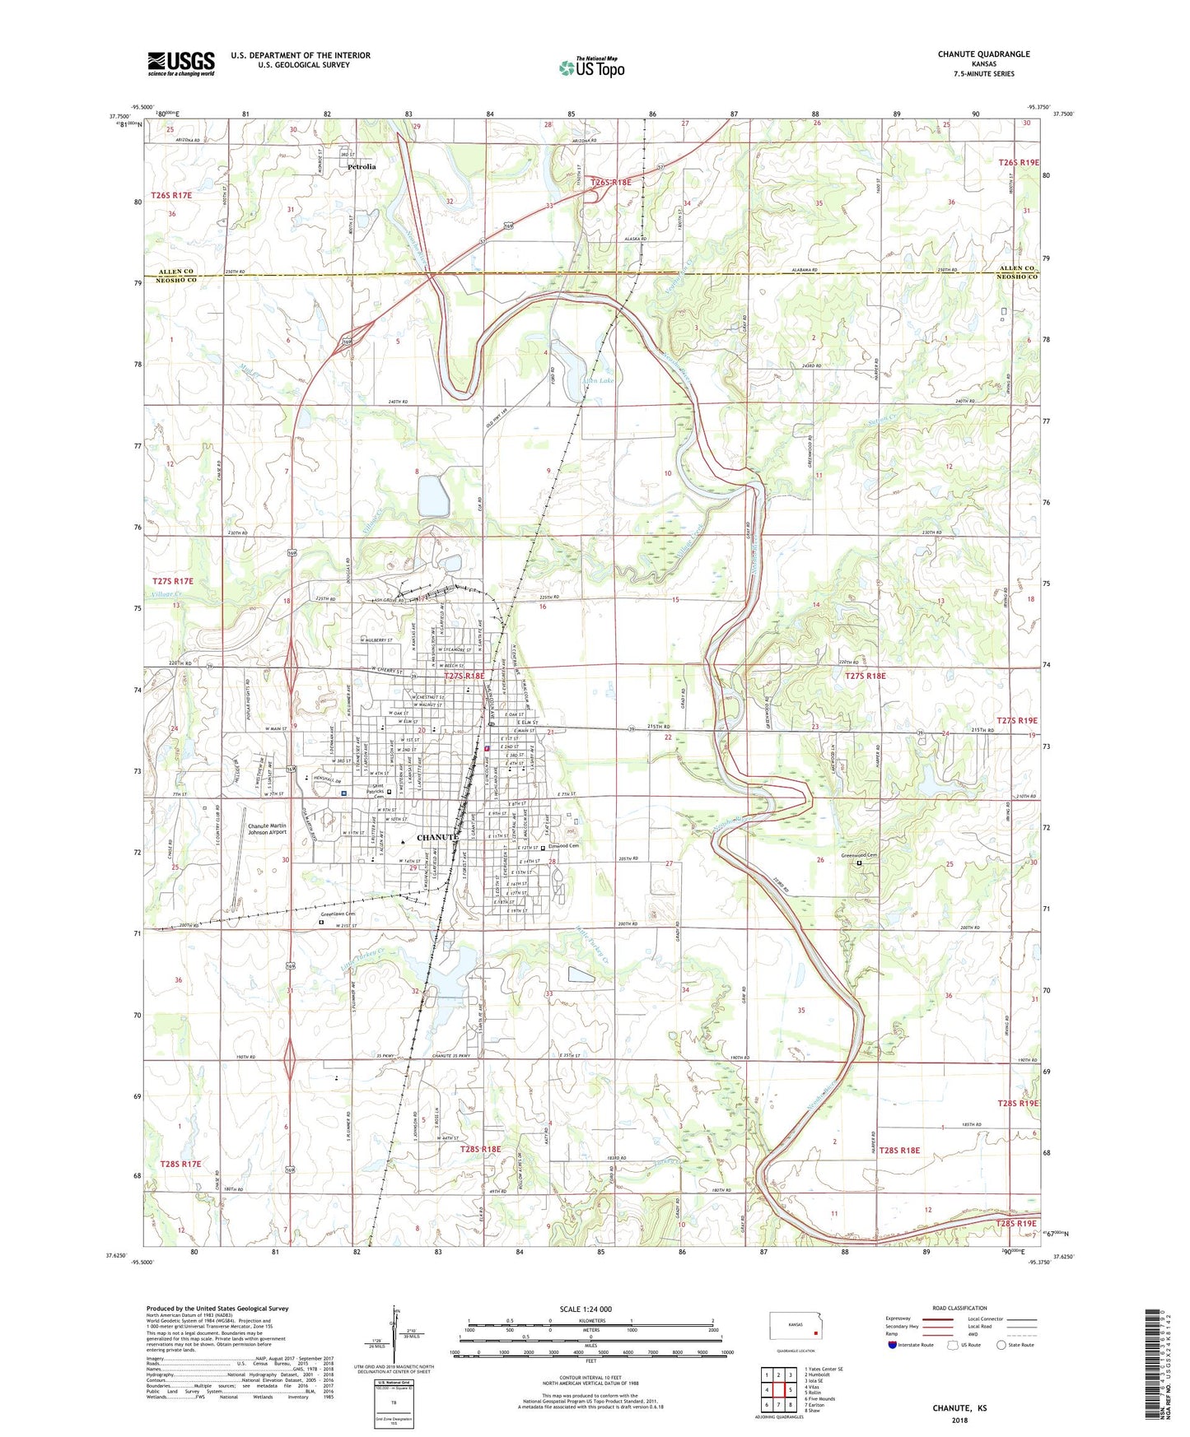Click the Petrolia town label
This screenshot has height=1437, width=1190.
[x=361, y=166]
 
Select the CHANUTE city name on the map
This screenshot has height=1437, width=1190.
[x=437, y=837]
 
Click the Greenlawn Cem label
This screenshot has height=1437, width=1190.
[x=338, y=914]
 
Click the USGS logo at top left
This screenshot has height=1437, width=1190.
[x=181, y=63]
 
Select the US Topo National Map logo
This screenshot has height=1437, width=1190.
[x=591, y=67]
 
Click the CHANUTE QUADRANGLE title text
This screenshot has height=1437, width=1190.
[x=983, y=54]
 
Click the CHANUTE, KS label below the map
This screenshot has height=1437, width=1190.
[x=959, y=1408]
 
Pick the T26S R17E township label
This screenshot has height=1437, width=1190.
[x=171, y=195]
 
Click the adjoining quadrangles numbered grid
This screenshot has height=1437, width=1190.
[x=778, y=1390]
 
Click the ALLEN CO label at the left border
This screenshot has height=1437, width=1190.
[x=176, y=271]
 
